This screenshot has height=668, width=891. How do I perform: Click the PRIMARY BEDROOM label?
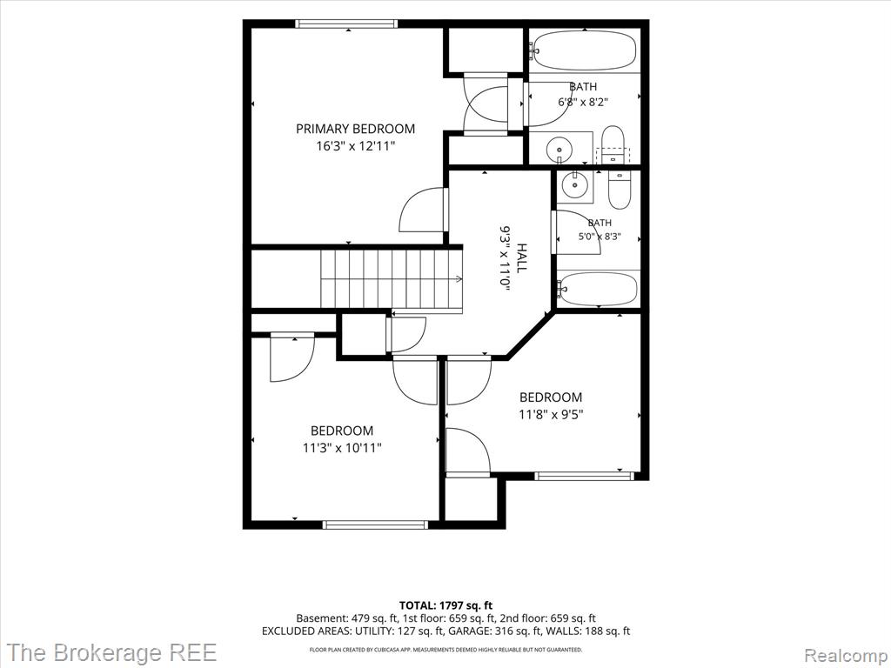(355, 129)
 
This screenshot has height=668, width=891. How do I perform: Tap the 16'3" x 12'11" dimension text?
(355, 146)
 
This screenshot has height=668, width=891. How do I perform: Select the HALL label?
(521, 258)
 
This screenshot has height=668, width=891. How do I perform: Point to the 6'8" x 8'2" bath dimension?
(584, 103)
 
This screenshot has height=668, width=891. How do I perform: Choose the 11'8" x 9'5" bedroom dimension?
(551, 414)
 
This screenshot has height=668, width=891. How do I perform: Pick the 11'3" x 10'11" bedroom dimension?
(342, 448)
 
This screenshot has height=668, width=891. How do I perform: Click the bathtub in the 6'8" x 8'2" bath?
(585, 50)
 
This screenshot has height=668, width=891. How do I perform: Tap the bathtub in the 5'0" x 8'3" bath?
(598, 289)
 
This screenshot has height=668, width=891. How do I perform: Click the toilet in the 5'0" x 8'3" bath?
(620, 190)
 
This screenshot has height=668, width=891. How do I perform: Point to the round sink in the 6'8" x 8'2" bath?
(559, 150)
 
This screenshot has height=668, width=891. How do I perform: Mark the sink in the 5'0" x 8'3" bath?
(574, 184)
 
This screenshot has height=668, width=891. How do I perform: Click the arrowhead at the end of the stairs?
(459, 278)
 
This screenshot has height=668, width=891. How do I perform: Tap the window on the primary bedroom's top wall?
(346, 23)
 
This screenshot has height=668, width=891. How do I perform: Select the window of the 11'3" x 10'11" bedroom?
(375, 524)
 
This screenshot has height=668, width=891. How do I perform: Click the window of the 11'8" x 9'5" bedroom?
(584, 476)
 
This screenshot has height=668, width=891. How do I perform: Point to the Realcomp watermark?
(846, 655)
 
